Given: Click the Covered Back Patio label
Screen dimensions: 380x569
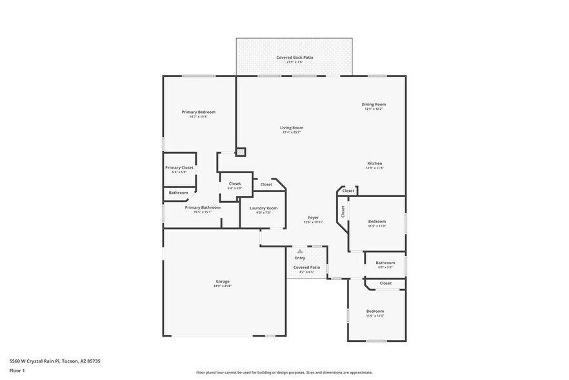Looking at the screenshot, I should pyautogui.click(x=295, y=58).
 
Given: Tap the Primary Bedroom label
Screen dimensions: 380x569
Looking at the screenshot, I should pyautogui.click(x=198, y=112).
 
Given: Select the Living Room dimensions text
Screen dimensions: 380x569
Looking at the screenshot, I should pyautogui.click(x=292, y=132).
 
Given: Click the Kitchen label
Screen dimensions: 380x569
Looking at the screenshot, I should pyautogui.click(x=375, y=164).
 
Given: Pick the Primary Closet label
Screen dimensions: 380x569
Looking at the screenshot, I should pyautogui.click(x=179, y=167).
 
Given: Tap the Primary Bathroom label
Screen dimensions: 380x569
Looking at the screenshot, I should pyautogui.click(x=203, y=207).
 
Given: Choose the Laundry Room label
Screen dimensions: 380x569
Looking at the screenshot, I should pyautogui.click(x=263, y=208).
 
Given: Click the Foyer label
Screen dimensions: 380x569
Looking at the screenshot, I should pyautogui.click(x=313, y=218).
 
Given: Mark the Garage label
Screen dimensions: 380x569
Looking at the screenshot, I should pyautogui.click(x=223, y=281).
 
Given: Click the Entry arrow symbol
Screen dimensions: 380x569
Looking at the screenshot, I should pyautogui.click(x=300, y=251).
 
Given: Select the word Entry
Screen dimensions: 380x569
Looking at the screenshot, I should pyautogui.click(x=300, y=258).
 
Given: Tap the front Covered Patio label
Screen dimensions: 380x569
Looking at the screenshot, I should pyautogui.click(x=306, y=267).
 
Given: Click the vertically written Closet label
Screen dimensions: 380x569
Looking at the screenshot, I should pyautogui.click(x=343, y=212).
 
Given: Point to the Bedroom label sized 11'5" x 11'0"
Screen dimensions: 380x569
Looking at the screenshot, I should pyautogui.click(x=377, y=221).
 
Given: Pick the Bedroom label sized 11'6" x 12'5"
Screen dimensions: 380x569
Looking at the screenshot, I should pyautogui.click(x=375, y=311).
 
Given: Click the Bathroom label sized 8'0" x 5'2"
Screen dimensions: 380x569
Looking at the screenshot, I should pyautogui.click(x=385, y=262).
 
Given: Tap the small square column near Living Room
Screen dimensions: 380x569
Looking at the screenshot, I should pyautogui.click(x=241, y=152).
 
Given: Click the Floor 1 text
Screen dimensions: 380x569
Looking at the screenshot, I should pyautogui.click(x=17, y=370).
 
